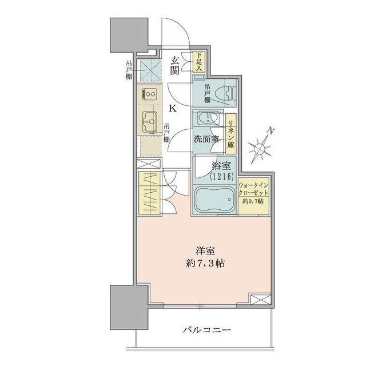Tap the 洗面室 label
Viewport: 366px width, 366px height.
[x=205, y=139]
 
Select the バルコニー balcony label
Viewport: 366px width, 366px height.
[x=206, y=330]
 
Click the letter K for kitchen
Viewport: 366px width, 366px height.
[x=172, y=108]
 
